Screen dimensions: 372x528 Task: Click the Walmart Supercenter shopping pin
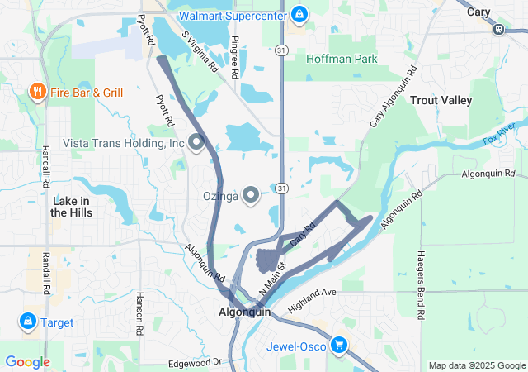click(x=299, y=14)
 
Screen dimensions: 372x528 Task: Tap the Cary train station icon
click(x=498, y=29)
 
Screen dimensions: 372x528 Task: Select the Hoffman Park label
click(x=342, y=59)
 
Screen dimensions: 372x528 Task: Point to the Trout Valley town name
click(x=441, y=101)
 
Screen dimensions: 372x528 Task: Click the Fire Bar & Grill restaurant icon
click(x=37, y=91)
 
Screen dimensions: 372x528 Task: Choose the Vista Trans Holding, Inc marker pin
click(x=196, y=142)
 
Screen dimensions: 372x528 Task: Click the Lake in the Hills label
click(x=71, y=207)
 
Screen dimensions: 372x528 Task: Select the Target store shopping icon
click(x=27, y=321)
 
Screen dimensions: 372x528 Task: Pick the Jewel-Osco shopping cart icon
click(x=338, y=344)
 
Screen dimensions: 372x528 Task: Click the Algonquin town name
click(x=244, y=313)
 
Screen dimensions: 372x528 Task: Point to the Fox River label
click(x=499, y=132)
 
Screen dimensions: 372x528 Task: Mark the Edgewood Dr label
click(x=195, y=362)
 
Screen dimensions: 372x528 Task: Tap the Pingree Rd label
click(x=235, y=57)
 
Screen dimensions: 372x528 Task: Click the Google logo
click(x=27, y=362)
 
